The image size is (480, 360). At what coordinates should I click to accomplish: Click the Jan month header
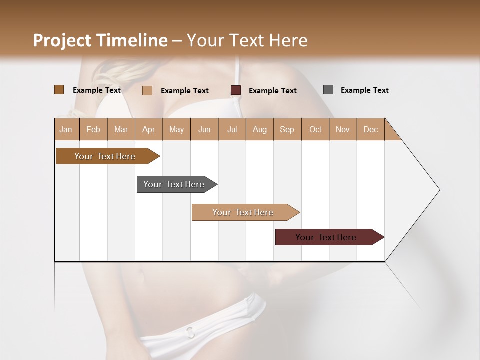point(66,129)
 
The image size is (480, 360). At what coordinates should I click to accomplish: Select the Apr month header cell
point(149,129)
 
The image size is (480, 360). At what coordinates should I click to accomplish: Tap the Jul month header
point(232,129)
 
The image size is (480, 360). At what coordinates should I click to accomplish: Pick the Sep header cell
point(287,129)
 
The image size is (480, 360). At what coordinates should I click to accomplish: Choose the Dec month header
point(370,129)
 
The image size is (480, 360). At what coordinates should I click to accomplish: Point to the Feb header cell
point(93,129)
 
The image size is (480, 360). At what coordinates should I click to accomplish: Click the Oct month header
point(315,129)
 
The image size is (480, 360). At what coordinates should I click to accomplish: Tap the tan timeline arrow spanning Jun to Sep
point(244,212)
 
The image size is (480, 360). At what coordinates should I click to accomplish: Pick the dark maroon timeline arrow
point(327,237)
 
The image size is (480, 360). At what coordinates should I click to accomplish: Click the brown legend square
point(59,90)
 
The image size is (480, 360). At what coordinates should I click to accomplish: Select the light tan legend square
point(147,90)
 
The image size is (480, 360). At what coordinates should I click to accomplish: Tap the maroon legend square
point(236,90)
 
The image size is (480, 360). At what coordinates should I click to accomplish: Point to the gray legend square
point(328,90)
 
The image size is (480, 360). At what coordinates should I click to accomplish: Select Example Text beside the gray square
point(364,90)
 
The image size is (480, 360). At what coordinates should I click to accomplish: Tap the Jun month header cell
point(204,129)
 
